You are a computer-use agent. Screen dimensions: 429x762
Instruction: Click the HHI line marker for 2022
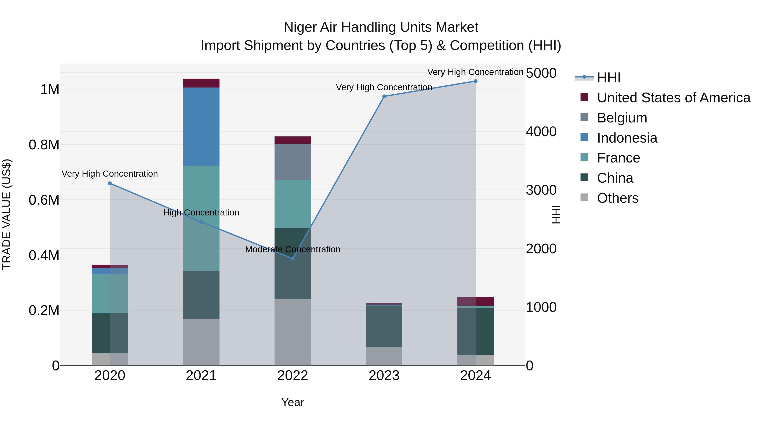[293, 258]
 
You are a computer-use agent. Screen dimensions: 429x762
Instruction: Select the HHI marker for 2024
[475, 81]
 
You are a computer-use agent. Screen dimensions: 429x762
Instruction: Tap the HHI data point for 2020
[110, 183]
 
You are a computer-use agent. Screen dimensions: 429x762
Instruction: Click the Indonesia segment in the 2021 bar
[201, 126]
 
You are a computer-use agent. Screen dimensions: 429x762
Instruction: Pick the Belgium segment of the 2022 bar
[293, 162]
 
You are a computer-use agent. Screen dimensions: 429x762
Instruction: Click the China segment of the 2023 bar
[384, 326]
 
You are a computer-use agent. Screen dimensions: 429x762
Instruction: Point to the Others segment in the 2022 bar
[293, 332]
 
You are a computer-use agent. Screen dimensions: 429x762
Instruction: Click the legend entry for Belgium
[622, 118]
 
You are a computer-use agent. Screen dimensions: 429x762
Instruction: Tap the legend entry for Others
[617, 198]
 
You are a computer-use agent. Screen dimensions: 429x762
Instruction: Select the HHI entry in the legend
[609, 78]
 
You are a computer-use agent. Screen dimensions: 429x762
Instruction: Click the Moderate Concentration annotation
[293, 249]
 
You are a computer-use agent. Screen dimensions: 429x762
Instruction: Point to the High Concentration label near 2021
[201, 212]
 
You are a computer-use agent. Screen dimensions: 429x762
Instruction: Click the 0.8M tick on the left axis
[44, 145]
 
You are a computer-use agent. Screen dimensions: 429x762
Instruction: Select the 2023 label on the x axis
[384, 376]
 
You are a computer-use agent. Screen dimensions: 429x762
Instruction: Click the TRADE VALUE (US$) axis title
[7, 214]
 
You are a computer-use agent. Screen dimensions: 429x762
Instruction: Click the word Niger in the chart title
[300, 27]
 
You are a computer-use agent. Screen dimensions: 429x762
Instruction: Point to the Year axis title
[293, 402]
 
